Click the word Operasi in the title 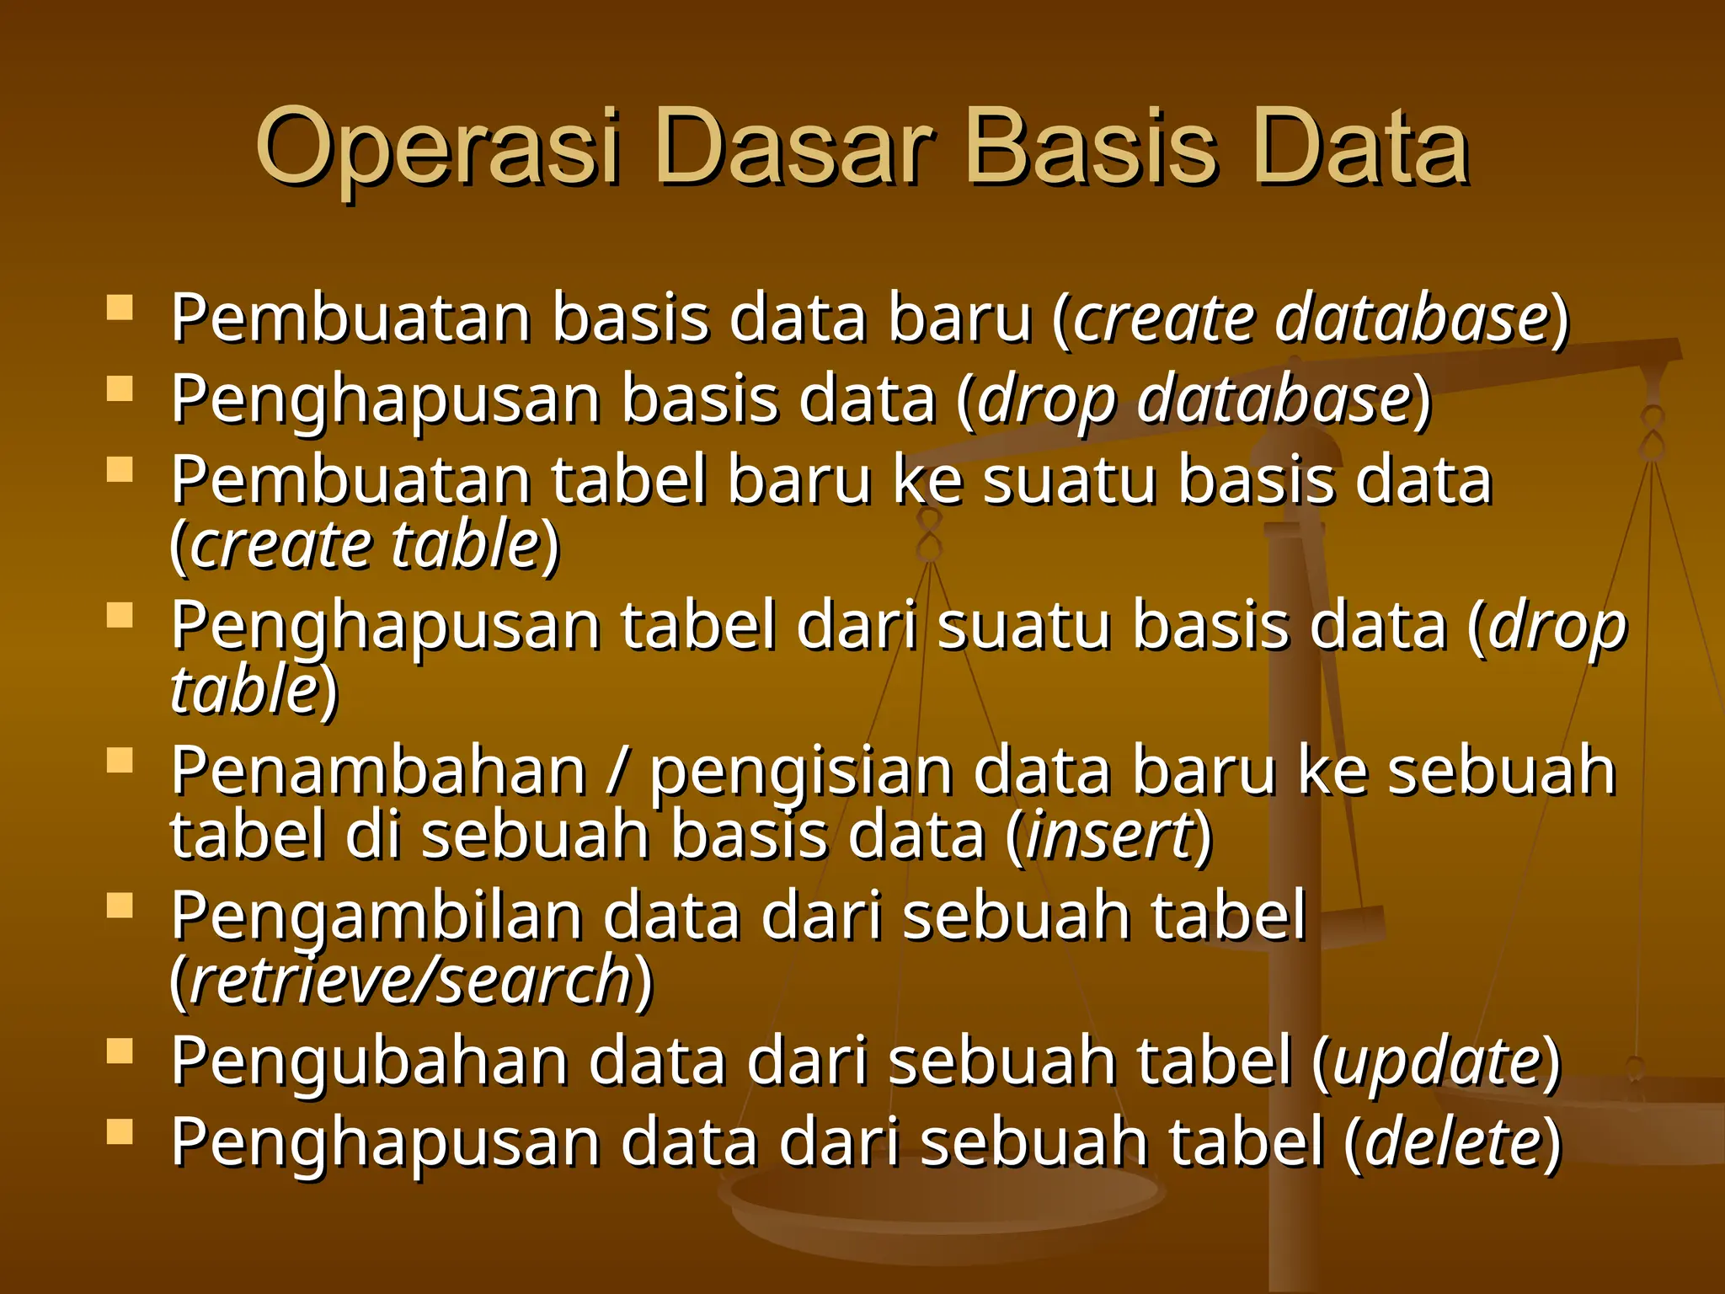click(438, 150)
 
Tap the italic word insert click(1110, 836)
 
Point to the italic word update click(1438, 1061)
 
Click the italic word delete click(1454, 1142)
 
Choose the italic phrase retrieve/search click(411, 981)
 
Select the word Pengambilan click(377, 917)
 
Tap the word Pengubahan click(370, 1061)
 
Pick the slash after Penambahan click(617, 772)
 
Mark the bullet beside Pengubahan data click(120, 1051)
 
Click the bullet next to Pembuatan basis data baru click(120, 308)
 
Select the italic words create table click(365, 545)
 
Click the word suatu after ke click(1070, 480)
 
